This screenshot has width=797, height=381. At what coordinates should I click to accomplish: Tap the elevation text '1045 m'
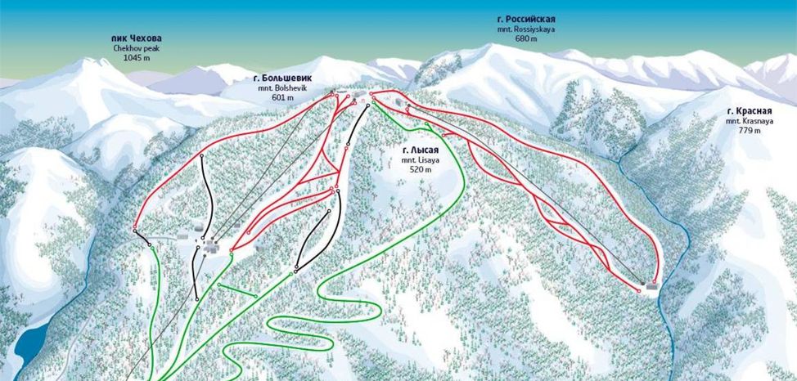[x=137, y=58]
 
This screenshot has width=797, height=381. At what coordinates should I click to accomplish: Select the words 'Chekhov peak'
[x=137, y=48]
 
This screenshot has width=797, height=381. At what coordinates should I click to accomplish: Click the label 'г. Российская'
[x=526, y=19]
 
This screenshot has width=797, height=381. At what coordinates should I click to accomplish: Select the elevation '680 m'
[x=526, y=38]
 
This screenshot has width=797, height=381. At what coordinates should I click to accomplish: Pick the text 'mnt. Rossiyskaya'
[x=526, y=29]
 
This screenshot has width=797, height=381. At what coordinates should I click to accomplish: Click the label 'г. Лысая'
[x=421, y=150]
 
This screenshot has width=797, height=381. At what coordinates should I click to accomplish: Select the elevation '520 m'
[x=421, y=170]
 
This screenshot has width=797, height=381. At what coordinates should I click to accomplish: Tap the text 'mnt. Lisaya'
[x=421, y=160]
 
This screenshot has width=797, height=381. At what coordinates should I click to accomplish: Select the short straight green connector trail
[x=237, y=289]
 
